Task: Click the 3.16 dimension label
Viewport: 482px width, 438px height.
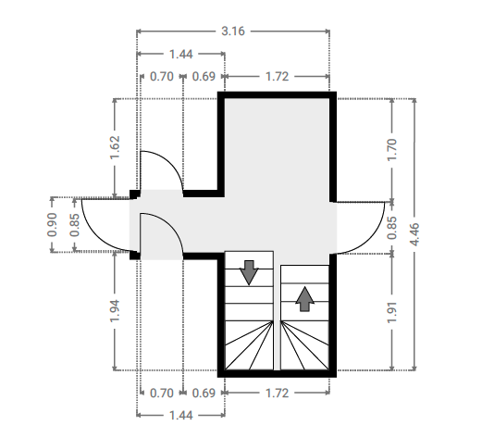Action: pyautogui.click(x=233, y=31)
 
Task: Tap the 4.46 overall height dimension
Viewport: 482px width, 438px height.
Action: pyautogui.click(x=414, y=234)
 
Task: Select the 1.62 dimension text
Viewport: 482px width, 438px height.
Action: pyautogui.click(x=115, y=147)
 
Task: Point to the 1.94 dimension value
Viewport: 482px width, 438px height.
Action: pyautogui.click(x=115, y=311)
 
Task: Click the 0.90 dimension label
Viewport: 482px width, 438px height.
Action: pyautogui.click(x=52, y=225)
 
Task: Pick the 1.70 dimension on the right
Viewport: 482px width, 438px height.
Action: pyautogui.click(x=392, y=150)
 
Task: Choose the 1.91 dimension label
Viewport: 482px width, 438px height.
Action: pyautogui.click(x=392, y=312)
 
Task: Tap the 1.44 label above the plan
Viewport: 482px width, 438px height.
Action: pyautogui.click(x=181, y=55)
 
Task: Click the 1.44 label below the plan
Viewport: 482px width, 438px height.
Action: pyautogui.click(x=181, y=416)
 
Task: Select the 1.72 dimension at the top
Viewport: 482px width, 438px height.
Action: pyautogui.click(x=277, y=77)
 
